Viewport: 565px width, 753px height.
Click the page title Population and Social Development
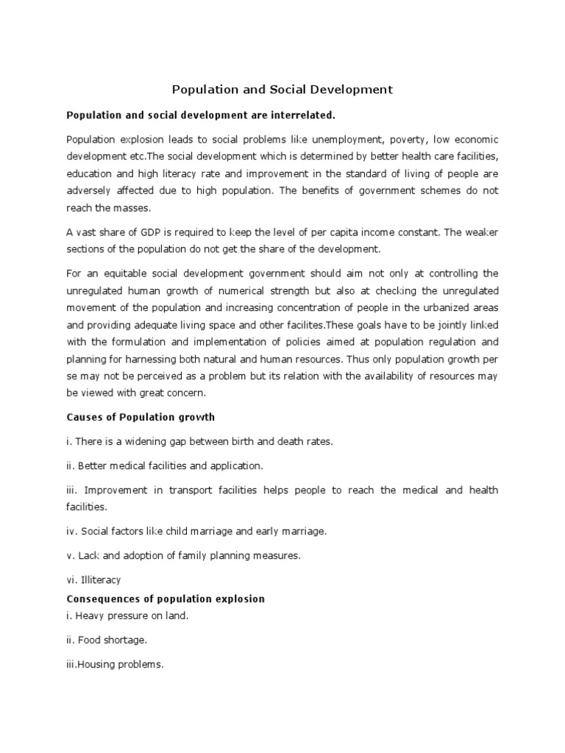point(282,90)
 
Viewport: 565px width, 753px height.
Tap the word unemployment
point(347,140)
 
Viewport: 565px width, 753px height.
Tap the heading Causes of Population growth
point(141,417)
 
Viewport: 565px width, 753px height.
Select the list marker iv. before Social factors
point(71,530)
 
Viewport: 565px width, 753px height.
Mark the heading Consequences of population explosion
point(166,599)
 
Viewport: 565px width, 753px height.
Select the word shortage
point(118,640)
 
